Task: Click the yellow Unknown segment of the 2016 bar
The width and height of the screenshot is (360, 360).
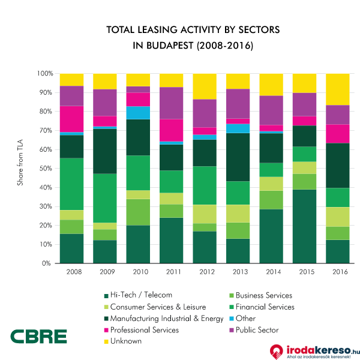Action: coord(338,89)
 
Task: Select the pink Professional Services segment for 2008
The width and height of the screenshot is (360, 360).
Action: coord(71,119)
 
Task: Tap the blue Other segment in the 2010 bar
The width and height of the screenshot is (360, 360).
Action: coord(138,113)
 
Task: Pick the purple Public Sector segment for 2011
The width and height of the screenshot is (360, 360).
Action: coord(172,103)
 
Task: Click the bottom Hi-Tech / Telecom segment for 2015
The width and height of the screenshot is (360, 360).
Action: coord(304,226)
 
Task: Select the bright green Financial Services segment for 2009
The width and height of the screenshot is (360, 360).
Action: coord(105,198)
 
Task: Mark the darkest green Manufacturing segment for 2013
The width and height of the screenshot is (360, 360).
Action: coord(238,157)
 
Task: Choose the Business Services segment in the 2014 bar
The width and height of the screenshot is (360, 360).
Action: coord(271,200)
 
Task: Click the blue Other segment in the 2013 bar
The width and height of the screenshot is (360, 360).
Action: coord(238,128)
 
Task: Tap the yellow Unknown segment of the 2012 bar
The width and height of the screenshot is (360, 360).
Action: coord(205,86)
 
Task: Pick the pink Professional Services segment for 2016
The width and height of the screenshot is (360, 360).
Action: coord(338,133)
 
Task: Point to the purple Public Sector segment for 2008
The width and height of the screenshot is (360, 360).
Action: coord(71,96)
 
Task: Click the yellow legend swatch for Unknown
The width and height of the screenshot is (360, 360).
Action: coord(106,341)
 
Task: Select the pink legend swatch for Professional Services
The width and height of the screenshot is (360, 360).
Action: coord(106,329)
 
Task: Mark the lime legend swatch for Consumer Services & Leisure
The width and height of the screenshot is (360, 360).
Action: coord(106,307)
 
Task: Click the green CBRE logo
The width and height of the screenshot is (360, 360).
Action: coord(38,337)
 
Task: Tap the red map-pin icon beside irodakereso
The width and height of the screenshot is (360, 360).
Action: coord(276,351)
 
